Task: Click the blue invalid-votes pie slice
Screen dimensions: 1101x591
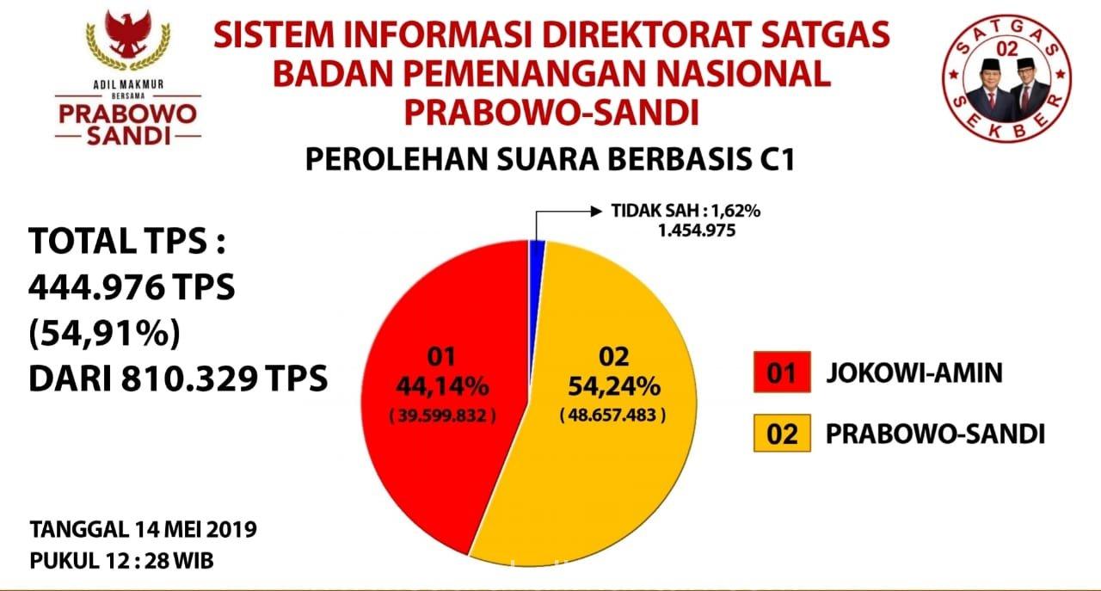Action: click(536, 275)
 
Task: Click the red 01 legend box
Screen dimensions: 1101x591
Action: click(782, 372)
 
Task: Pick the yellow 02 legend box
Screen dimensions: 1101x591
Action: click(782, 434)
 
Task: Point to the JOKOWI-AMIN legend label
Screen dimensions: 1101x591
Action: click(914, 372)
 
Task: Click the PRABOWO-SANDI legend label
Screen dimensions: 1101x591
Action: click(935, 434)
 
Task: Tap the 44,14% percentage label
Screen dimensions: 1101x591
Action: click(442, 386)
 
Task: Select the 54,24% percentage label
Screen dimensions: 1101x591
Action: click(614, 386)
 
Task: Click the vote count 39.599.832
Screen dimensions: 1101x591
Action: click(442, 416)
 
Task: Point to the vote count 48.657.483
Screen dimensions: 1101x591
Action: click(613, 415)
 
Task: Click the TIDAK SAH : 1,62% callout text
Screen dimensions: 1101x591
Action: click(686, 211)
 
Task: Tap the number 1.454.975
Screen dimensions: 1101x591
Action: click(697, 230)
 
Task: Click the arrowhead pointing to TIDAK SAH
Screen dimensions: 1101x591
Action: click(597, 212)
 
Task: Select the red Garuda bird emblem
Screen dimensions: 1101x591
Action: click(128, 34)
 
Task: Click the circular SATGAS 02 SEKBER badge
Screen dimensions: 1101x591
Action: click(1006, 78)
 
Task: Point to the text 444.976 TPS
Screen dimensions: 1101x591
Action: click(132, 287)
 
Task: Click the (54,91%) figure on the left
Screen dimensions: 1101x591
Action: click(105, 334)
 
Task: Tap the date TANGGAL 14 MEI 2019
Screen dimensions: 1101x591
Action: click(143, 529)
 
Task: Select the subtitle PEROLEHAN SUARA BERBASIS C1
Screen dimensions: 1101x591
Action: click(550, 159)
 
